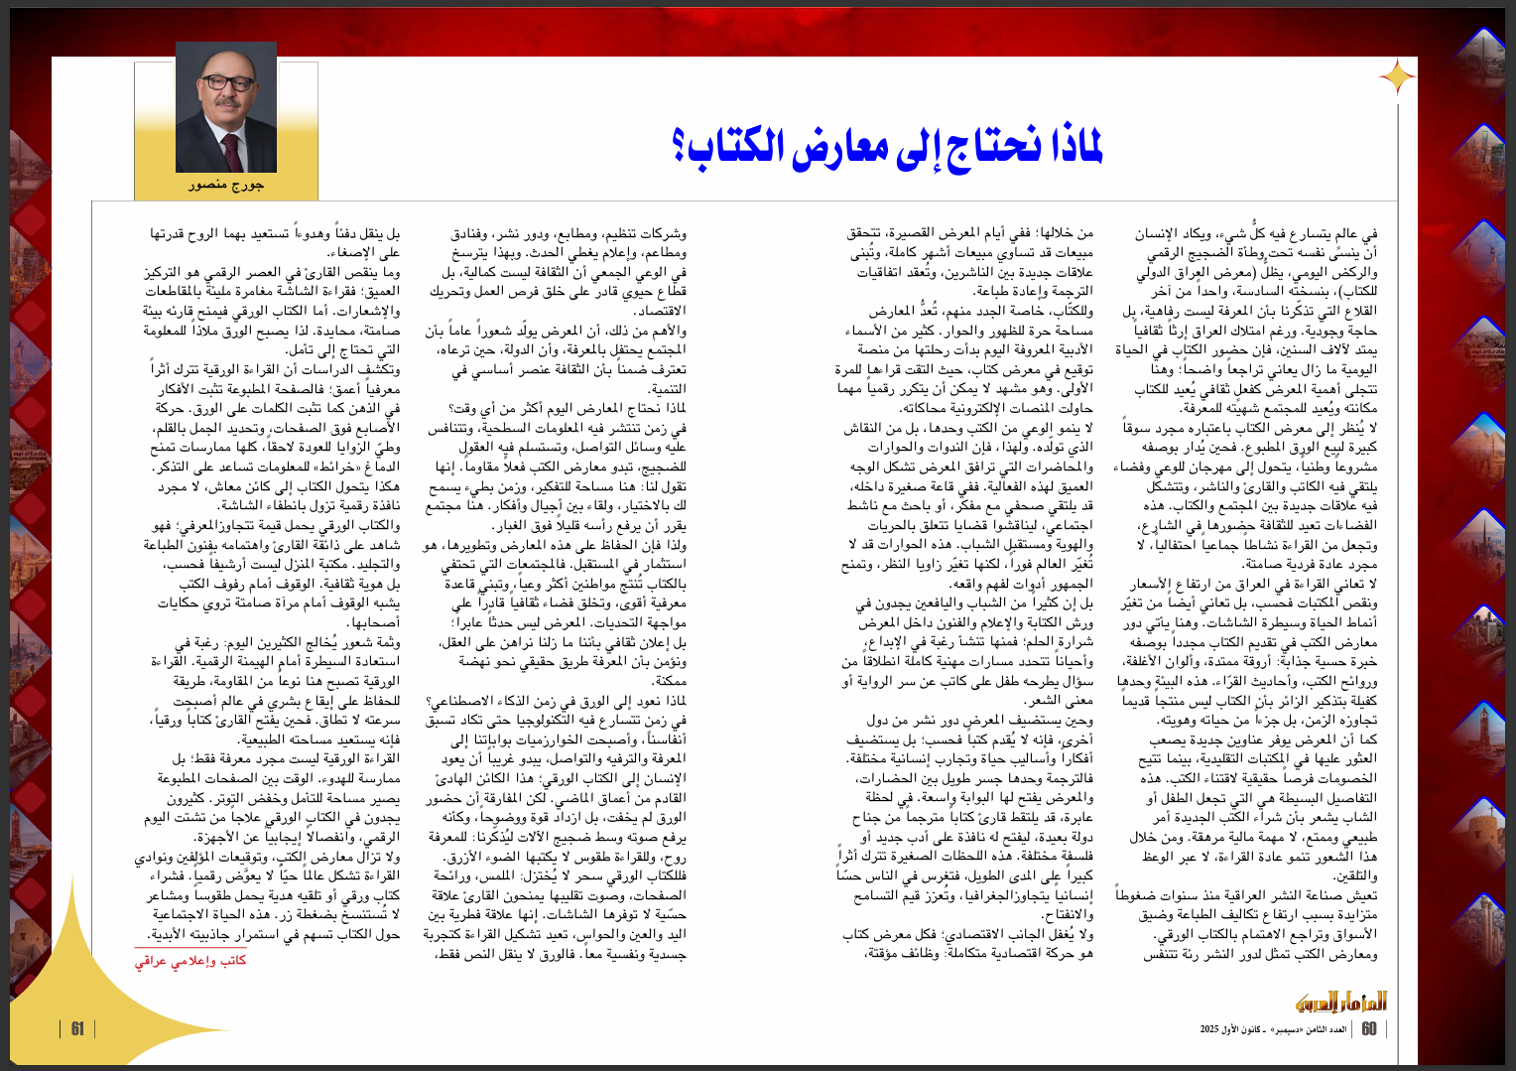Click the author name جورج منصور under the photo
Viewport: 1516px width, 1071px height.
tap(226, 186)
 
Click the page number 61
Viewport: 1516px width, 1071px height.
tap(77, 1028)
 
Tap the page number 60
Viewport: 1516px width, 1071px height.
tap(1369, 1028)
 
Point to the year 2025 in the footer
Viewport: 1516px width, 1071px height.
tap(1209, 1029)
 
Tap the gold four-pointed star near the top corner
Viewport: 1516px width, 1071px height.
tap(1397, 76)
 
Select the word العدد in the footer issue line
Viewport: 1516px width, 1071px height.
tap(1336, 1029)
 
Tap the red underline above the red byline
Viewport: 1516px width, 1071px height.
tap(190, 949)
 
